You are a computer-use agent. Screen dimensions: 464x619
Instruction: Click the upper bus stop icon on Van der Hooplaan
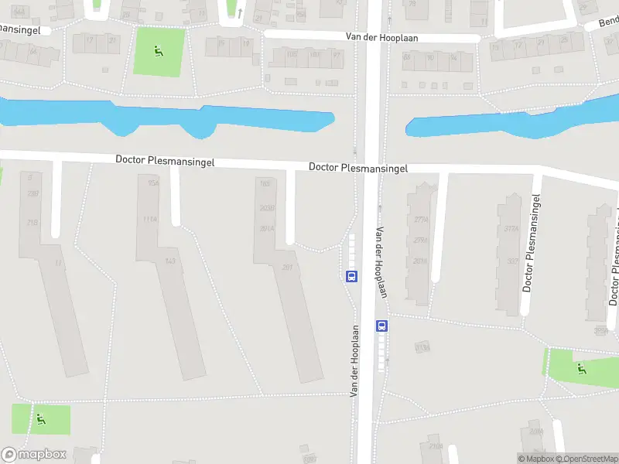[x=351, y=276]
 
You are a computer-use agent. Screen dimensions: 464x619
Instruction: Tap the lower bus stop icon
[x=381, y=326]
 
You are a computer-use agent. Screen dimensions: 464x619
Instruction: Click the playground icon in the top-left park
[x=159, y=52]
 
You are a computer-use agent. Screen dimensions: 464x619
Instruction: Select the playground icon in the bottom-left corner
[x=40, y=420]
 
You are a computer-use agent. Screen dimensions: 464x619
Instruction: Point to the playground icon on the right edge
[x=581, y=368]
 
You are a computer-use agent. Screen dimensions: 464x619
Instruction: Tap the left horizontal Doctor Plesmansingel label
[x=165, y=161]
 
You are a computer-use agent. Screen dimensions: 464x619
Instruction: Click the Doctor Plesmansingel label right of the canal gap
[x=358, y=168]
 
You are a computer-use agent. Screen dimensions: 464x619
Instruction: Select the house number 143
[x=171, y=261]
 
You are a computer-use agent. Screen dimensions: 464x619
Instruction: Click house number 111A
[x=150, y=219]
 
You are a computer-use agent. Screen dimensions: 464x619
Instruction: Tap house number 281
[x=287, y=268]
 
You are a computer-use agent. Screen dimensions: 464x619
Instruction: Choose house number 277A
[x=420, y=220]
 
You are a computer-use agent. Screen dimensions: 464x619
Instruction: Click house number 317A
[x=511, y=228]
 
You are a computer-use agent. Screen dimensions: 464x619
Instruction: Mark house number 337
[x=511, y=261]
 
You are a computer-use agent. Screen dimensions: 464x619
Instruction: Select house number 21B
[x=32, y=223]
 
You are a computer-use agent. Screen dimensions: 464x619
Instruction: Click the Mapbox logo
[x=34, y=455]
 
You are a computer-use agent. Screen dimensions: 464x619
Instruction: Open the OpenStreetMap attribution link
[x=587, y=459]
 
